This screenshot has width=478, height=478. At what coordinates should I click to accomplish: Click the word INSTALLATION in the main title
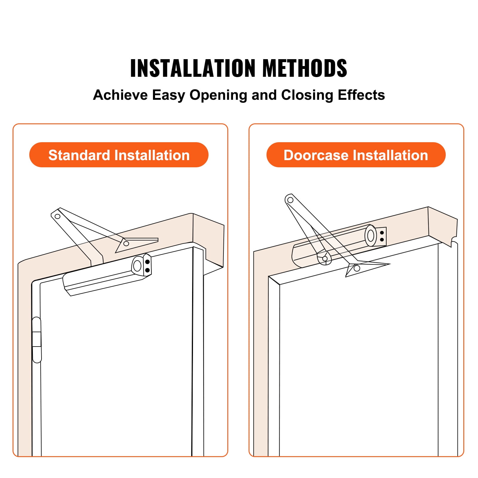click(193, 68)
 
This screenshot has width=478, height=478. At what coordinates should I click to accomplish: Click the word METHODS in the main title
click(305, 68)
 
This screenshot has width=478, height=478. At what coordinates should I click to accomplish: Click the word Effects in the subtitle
click(361, 95)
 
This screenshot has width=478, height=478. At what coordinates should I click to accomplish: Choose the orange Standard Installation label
click(119, 155)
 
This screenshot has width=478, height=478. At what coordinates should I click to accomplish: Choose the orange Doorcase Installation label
click(356, 155)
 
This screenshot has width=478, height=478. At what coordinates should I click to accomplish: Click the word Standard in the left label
click(79, 155)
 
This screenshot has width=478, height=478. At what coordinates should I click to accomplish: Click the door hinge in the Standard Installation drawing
click(37, 340)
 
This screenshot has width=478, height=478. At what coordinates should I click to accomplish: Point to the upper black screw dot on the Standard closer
click(147, 262)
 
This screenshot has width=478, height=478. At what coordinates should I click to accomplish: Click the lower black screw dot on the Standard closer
click(147, 270)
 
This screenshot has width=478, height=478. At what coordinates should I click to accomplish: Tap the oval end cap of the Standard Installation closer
click(137, 265)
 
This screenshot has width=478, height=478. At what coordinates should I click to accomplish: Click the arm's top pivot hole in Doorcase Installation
click(290, 200)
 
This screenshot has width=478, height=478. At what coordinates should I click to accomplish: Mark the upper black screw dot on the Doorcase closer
click(382, 233)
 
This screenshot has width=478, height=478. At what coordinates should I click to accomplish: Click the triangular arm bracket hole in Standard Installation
click(126, 243)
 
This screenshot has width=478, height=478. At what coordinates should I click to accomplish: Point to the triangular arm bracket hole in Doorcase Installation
click(357, 268)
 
